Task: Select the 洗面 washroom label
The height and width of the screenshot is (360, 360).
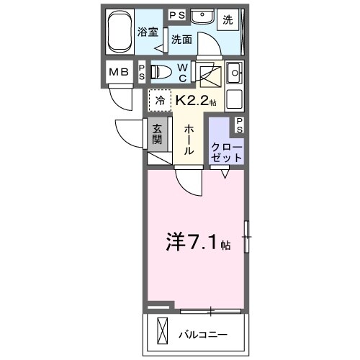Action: tap(181, 41)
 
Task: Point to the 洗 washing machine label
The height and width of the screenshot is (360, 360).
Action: tap(228, 20)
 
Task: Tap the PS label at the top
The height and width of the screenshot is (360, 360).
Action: tap(176, 14)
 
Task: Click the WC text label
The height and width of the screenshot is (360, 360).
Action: tap(182, 72)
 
